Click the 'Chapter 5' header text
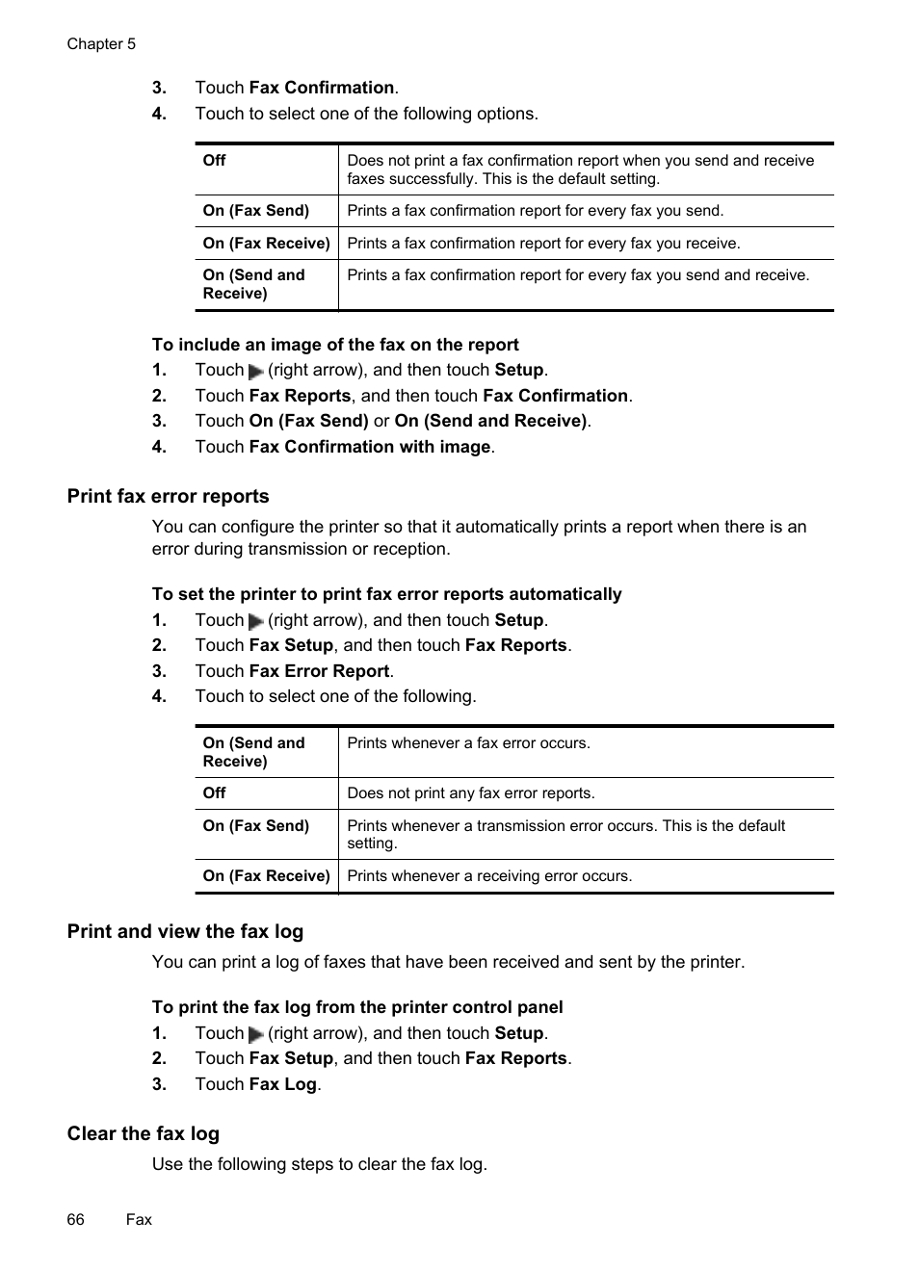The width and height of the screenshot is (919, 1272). (101, 44)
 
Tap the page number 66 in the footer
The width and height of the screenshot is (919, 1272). (75, 1219)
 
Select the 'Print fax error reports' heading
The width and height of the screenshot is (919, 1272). (168, 496)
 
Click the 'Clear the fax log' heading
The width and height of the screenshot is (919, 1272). (143, 1133)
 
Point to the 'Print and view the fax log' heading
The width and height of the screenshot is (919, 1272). (185, 931)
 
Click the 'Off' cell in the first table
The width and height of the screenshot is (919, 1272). (215, 161)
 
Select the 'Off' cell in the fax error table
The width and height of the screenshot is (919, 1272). (215, 793)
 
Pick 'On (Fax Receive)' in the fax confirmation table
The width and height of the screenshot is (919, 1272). (266, 244)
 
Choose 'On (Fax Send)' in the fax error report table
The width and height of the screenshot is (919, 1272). (256, 826)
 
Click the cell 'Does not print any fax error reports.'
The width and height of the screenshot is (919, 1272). (471, 793)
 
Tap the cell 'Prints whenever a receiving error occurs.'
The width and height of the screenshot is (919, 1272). (489, 876)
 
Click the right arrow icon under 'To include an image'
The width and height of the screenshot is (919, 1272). (256, 372)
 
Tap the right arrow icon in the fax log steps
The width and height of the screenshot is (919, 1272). (256, 1035)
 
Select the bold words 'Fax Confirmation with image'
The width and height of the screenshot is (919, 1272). (370, 447)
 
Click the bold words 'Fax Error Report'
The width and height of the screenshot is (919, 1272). (319, 671)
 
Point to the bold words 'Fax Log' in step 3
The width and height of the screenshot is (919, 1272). (282, 1084)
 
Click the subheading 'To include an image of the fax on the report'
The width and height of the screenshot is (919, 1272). (335, 345)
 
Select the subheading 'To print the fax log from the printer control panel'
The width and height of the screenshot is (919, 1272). (357, 1007)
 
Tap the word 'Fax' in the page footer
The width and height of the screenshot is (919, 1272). (139, 1219)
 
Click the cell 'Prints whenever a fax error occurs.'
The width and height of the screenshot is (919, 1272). (468, 743)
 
